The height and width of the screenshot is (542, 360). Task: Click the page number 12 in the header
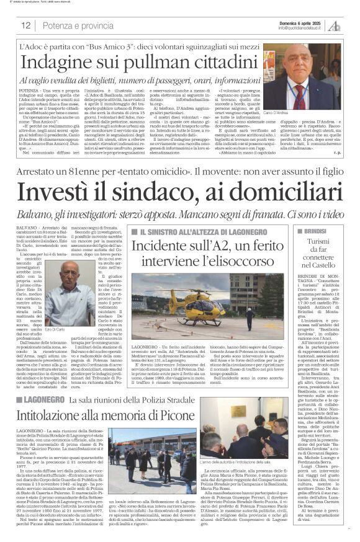tap(25, 25)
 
